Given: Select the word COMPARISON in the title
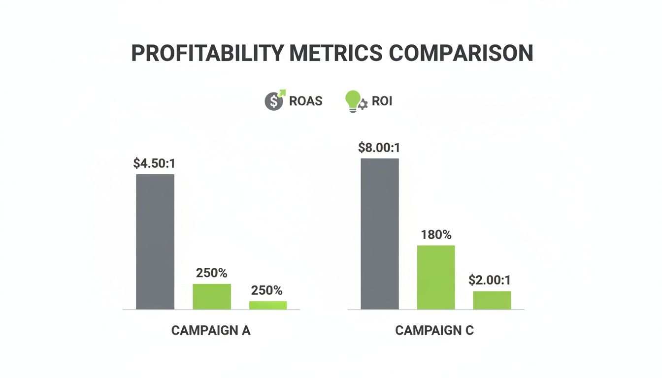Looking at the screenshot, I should pos(461,53).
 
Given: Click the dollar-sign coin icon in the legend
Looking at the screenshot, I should pos(274,101).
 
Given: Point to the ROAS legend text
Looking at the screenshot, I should pos(306,101).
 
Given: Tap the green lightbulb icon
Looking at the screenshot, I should pos(353,100).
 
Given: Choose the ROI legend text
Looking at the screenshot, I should pos(382,101).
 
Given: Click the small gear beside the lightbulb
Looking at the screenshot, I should pos(363,104).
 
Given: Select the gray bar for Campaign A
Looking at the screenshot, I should pos(155,242).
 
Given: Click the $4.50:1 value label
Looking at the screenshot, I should pos(154,164).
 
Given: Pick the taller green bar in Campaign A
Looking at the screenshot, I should pos(212,297).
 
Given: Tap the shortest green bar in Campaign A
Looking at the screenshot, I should pos(268,305).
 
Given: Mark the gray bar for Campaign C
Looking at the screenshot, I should pos(380,234).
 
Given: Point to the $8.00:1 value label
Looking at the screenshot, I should pos(379,148).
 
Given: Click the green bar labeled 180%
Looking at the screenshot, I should pos(436,277).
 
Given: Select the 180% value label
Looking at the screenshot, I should pos(436,235).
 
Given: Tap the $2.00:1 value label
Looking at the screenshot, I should pos(490,281).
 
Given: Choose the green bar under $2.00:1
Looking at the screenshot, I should pos(492,300).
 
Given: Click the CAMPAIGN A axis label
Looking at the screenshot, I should pos(211,330).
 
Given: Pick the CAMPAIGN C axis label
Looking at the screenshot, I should pos(434,330).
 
